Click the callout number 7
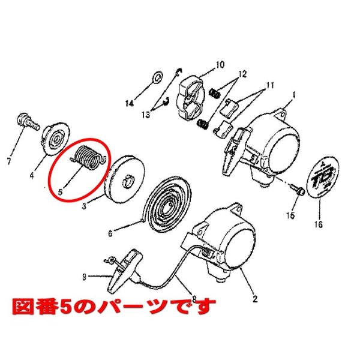tap(9, 161)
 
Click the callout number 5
tap(61, 193)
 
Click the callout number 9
tap(85, 277)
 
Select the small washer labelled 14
tap(157, 77)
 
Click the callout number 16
tap(318, 225)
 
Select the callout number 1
tap(295, 94)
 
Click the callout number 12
tap(242, 74)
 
